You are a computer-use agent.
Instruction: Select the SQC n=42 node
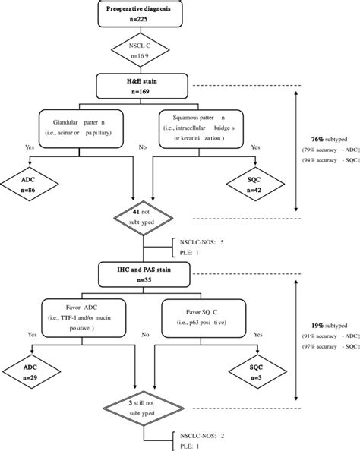point(255,185)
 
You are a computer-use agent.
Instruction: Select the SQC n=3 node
point(255,372)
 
